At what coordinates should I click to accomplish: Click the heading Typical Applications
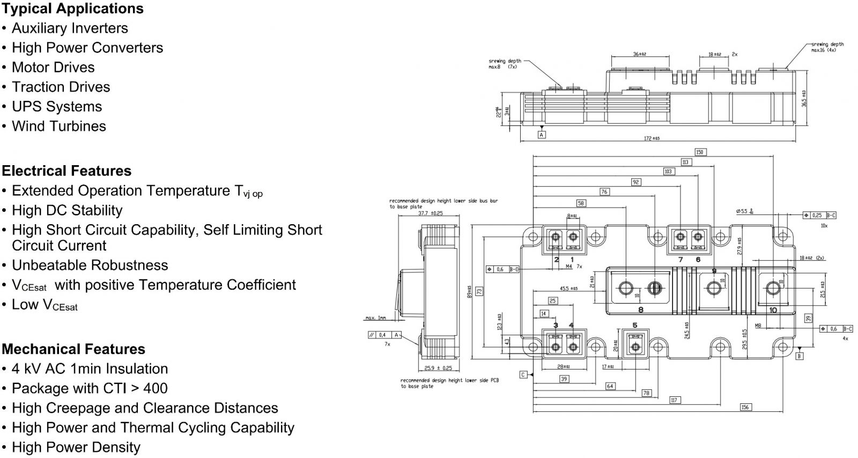tap(72, 9)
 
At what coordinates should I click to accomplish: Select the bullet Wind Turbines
tap(58, 126)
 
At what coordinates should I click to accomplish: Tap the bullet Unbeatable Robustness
tap(90, 265)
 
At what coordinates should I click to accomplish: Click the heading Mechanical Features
tap(73, 349)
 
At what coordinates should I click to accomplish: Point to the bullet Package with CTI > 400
tap(90, 388)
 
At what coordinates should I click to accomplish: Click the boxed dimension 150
tap(699, 152)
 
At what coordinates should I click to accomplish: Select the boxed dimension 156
tap(745, 408)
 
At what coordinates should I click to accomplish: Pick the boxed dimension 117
tap(674, 400)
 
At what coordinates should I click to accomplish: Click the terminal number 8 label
tap(640, 309)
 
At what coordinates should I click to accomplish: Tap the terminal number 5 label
tap(635, 325)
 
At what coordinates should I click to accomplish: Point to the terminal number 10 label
tap(773, 310)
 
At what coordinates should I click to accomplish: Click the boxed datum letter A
tap(542, 135)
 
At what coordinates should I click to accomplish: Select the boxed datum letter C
tap(523, 374)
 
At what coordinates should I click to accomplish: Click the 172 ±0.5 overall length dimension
tap(652, 139)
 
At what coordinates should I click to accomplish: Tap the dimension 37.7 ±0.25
tap(430, 213)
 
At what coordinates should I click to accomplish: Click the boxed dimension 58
tap(581, 203)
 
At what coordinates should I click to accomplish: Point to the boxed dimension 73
tap(479, 291)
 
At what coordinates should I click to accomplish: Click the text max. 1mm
tap(375, 318)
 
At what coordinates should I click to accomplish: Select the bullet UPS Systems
tap(56, 106)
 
